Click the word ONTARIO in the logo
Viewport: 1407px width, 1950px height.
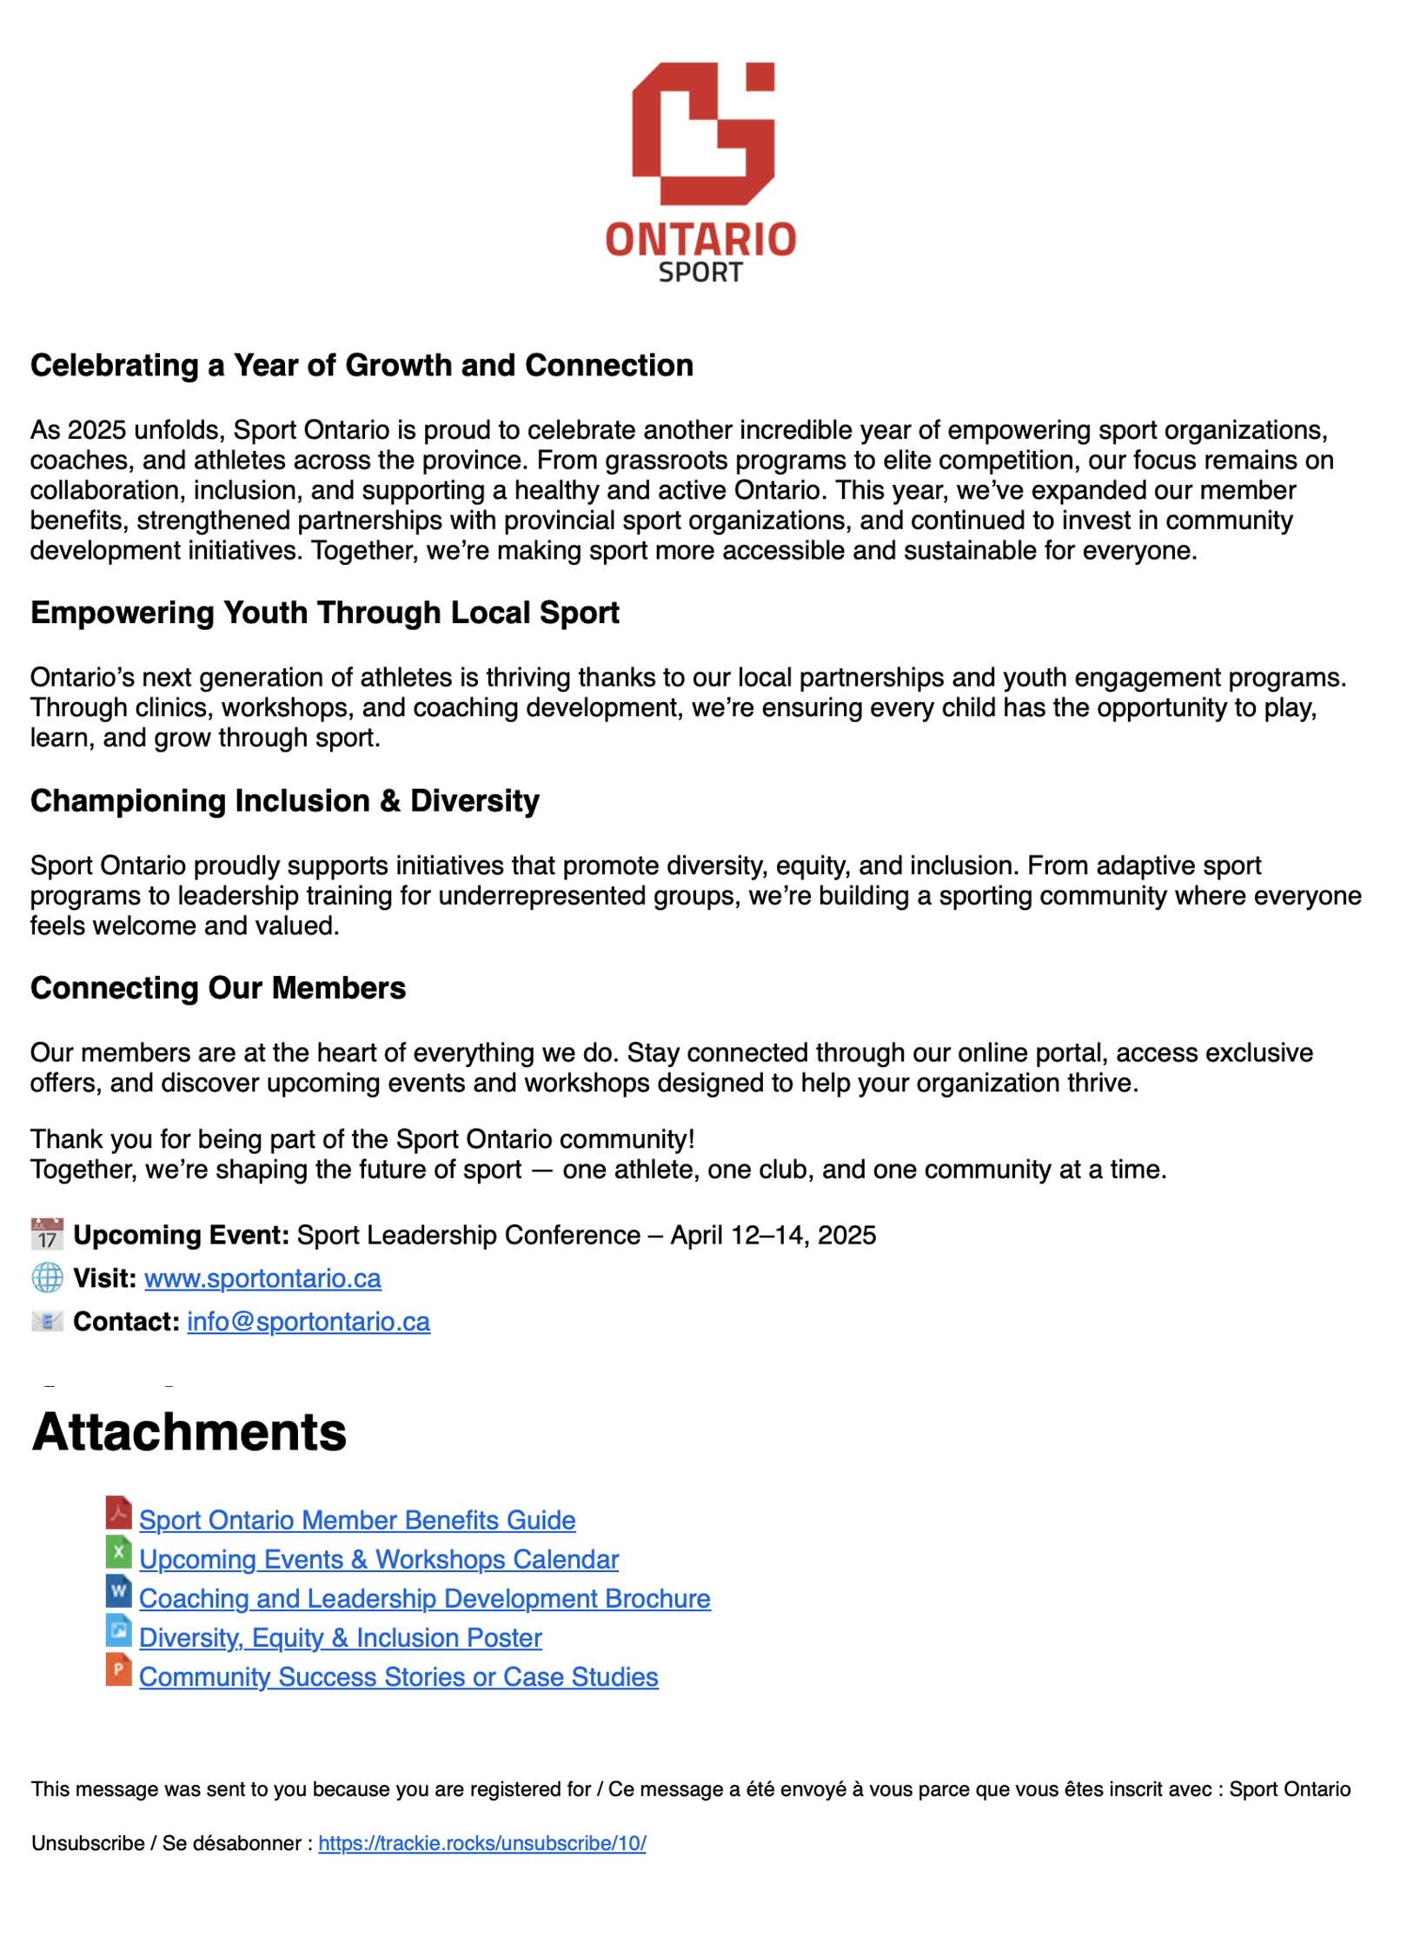click(700, 240)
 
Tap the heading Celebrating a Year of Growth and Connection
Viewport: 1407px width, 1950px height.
click(362, 365)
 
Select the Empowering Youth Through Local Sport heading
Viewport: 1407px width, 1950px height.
click(324, 613)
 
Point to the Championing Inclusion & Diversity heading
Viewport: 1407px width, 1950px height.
click(284, 800)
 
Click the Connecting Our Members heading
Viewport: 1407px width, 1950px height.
click(217, 988)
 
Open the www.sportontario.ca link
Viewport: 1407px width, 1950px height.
click(262, 1278)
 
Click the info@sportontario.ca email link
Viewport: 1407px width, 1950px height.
click(309, 1322)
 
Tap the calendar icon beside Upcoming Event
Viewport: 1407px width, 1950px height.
click(47, 1234)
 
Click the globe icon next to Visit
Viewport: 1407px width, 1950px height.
click(47, 1277)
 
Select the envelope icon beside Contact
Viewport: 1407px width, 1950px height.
click(47, 1322)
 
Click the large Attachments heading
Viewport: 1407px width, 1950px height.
click(189, 1432)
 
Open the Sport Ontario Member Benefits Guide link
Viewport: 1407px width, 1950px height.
click(357, 1520)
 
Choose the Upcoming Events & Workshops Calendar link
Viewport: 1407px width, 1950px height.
click(379, 1559)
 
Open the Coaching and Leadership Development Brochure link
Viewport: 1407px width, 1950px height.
click(425, 1598)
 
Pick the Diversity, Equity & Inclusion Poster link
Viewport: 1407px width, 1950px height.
click(341, 1637)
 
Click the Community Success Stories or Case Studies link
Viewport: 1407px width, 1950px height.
click(399, 1676)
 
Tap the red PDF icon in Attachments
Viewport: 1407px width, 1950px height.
click(118, 1513)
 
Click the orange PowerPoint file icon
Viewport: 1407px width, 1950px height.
click(118, 1669)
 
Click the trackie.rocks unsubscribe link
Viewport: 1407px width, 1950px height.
click(482, 1843)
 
